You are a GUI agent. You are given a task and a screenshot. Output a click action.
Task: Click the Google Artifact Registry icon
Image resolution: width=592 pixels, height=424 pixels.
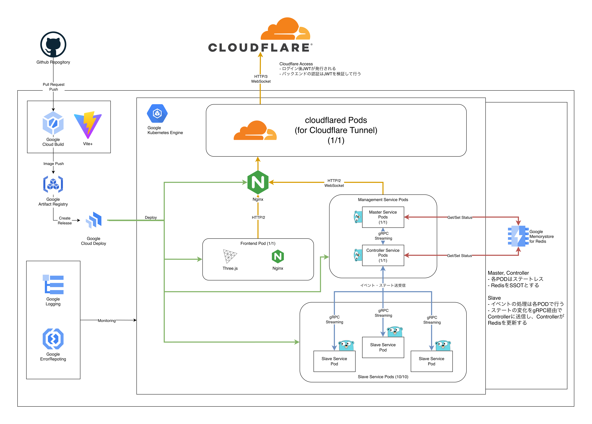[x=53, y=184]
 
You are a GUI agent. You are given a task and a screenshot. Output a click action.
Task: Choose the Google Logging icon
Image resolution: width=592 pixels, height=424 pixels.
[x=53, y=285]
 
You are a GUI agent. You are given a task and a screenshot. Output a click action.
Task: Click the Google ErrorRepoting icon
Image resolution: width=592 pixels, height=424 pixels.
[x=53, y=339]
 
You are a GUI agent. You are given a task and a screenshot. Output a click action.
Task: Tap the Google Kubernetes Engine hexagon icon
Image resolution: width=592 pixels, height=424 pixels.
[x=157, y=114]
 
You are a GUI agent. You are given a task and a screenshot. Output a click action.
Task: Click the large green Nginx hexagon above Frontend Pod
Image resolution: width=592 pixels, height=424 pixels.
[x=258, y=182]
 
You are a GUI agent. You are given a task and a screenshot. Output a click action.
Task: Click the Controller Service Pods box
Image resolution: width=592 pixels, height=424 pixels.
[x=383, y=255]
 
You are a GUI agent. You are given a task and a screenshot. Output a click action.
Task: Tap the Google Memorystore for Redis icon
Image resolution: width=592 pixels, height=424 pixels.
[x=518, y=236]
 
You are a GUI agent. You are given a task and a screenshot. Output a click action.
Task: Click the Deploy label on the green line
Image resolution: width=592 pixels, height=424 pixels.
[x=151, y=217]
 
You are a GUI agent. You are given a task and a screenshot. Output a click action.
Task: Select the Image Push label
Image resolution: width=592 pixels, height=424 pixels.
[x=54, y=164]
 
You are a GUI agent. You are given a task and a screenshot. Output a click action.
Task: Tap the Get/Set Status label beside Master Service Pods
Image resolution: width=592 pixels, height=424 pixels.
[x=460, y=217]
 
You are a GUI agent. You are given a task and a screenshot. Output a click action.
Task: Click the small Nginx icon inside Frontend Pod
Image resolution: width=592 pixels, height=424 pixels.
[x=278, y=257]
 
